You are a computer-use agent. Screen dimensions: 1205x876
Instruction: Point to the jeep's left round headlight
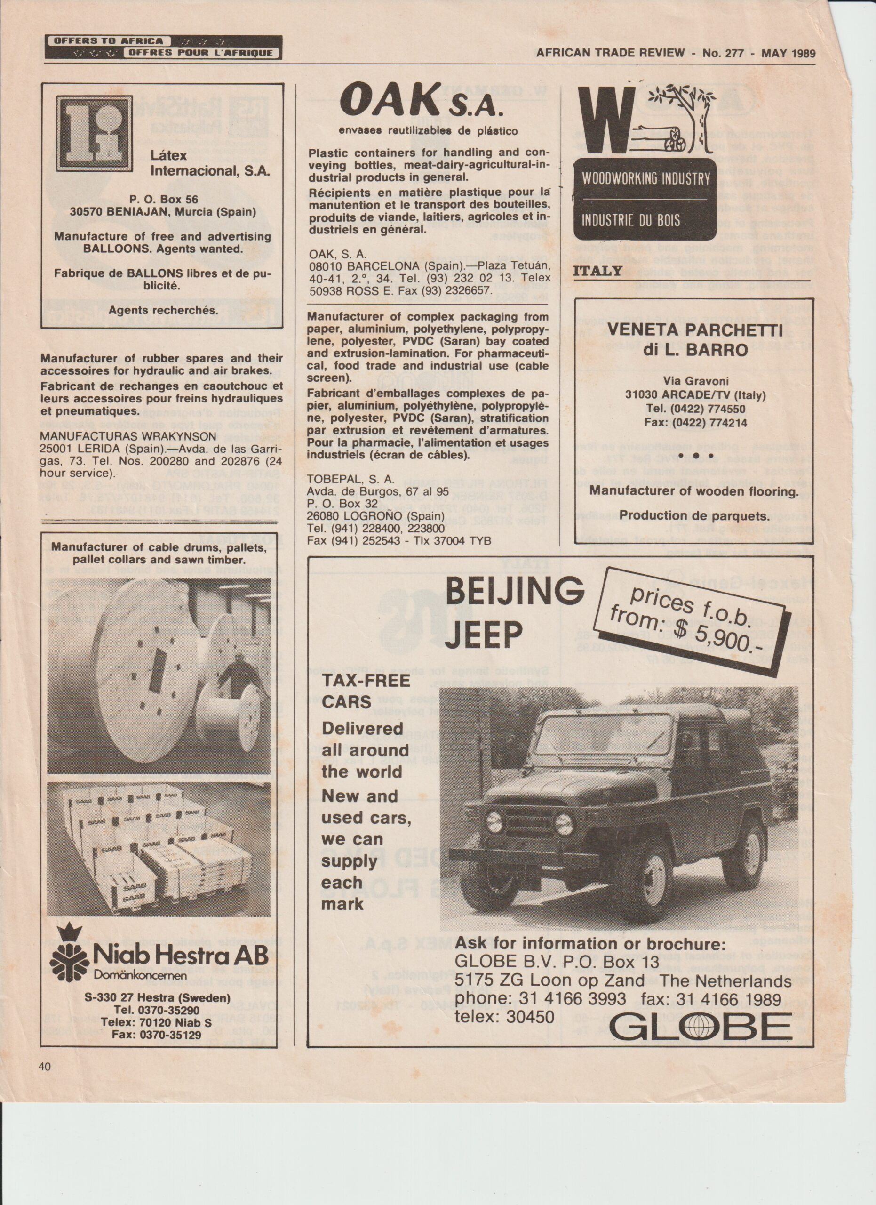494,822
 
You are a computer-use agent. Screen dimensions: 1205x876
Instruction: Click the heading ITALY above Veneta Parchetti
597,271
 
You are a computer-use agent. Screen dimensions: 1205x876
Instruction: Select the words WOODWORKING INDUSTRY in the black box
645,178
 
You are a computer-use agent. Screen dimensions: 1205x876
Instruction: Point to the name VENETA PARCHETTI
694,330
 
